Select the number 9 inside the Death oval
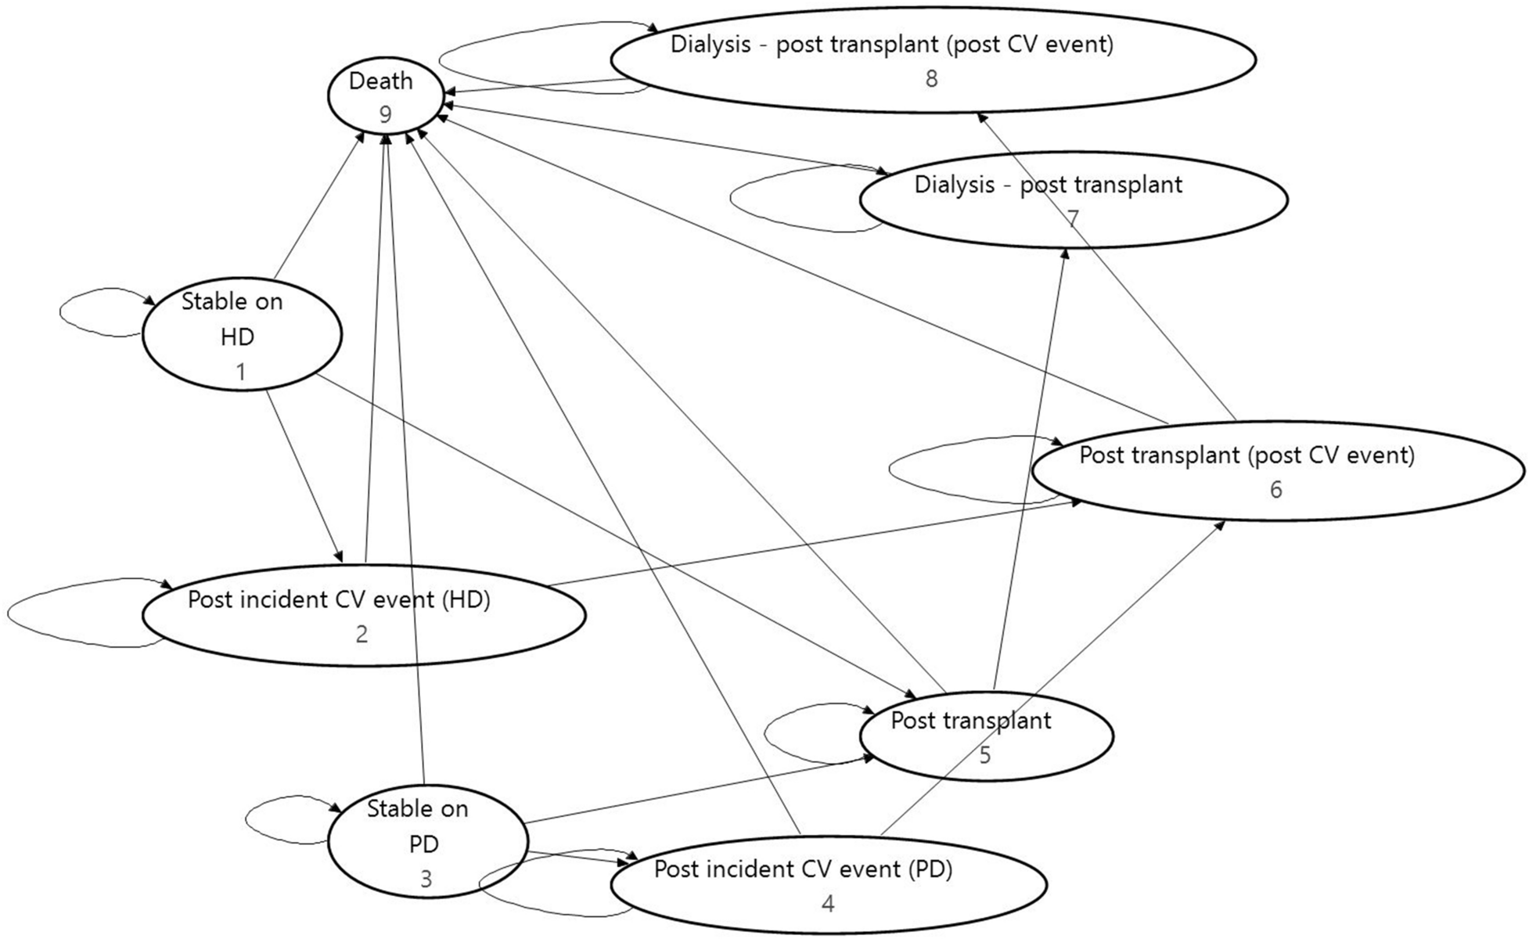pos(385,114)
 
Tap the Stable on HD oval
pos(241,334)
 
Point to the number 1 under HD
pos(241,372)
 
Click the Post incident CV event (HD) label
pos(339,600)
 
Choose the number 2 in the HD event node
pos(362,634)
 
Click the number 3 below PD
pos(426,880)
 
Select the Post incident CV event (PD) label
pos(803,869)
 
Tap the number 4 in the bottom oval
pos(828,904)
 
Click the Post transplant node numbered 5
pos(985,736)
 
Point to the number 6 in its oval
pos(1275,490)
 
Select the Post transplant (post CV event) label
pos(1247,455)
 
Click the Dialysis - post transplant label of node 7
pos(1048,185)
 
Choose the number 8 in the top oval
pos(931,79)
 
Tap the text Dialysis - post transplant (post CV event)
pos(891,45)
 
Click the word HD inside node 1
pos(237,336)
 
